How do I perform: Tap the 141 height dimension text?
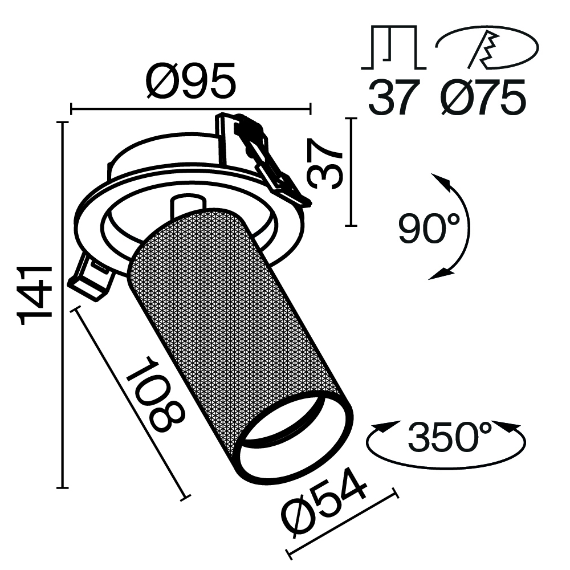point(36,295)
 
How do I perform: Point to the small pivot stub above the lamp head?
point(186,205)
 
